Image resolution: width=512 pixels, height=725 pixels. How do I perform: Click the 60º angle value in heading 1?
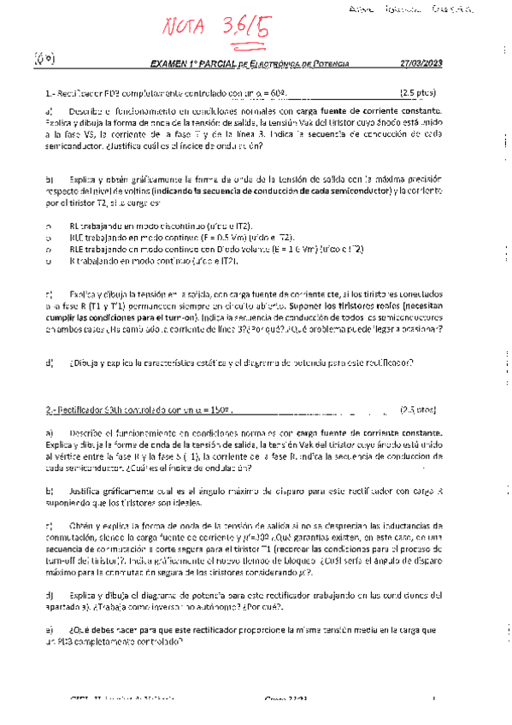tap(274, 91)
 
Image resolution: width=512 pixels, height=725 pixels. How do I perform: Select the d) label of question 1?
tap(50, 363)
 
